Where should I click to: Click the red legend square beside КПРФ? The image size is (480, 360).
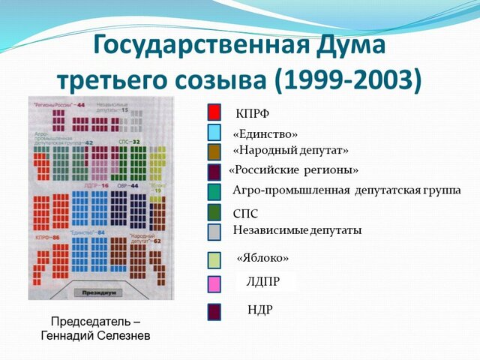coord(214,112)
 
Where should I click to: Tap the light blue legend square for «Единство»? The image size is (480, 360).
coord(214,133)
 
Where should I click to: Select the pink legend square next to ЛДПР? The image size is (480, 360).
coord(214,283)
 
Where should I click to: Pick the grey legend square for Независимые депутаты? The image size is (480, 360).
coord(214,232)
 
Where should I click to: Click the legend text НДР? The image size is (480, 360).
coord(259,309)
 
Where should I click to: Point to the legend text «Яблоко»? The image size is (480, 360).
coord(262,257)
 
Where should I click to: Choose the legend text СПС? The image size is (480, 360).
coord(245,214)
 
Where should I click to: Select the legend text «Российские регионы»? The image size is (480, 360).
coord(293,169)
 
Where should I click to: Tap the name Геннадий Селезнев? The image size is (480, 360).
coord(95,335)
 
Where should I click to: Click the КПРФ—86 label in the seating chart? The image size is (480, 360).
coord(49,237)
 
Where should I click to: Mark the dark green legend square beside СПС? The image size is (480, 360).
coord(214,212)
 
